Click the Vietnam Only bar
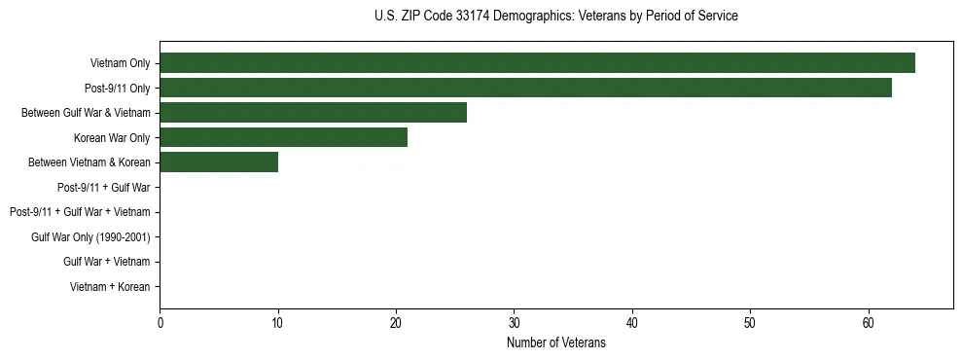point(537,62)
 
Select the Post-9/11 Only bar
point(525,88)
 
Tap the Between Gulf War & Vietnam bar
point(313,112)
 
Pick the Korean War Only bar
point(283,137)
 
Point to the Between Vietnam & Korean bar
point(219,162)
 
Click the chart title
point(555,17)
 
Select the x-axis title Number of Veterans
point(555,342)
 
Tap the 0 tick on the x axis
point(160,322)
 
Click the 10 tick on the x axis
point(278,322)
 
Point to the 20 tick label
point(396,322)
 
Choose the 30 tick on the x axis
point(515,322)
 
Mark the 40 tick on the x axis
point(632,322)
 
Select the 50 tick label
point(750,322)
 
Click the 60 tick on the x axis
point(869,322)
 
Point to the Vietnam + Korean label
point(110,287)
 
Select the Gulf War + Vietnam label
point(107,262)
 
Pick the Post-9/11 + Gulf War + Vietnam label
point(80,212)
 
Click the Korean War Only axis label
point(112,137)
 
